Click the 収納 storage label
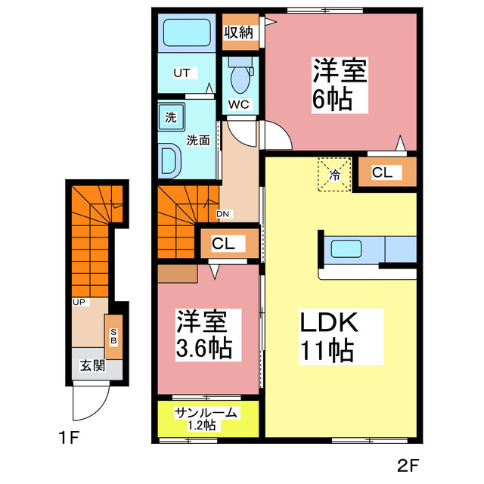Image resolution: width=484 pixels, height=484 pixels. pos(240,33)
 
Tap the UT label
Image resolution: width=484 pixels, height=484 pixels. pos(181,73)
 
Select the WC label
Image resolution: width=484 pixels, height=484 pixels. pos(239,104)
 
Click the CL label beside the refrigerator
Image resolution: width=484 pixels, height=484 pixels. pos(382,172)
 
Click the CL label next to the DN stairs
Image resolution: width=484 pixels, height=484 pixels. pos(223,244)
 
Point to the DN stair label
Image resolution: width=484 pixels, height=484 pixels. pos(223,214)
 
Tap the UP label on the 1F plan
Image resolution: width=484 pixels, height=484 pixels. pos(79,302)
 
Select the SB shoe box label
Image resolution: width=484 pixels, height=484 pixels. pos(113,338)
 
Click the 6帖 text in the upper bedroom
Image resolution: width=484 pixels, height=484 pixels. pos(332,101)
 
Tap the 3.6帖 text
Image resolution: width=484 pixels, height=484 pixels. pos(203,349)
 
